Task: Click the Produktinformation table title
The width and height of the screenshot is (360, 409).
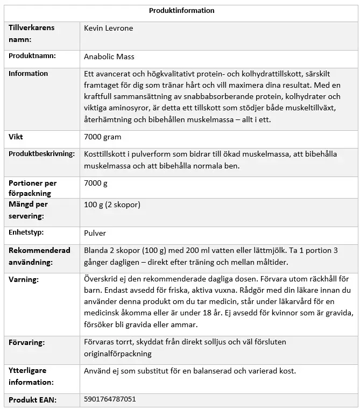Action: [181, 10]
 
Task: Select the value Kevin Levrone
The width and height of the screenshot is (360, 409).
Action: [108, 29]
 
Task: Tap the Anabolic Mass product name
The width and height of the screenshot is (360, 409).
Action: [109, 57]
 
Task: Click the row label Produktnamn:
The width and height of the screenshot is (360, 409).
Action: [32, 56]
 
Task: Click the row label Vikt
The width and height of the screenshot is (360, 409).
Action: [16, 137]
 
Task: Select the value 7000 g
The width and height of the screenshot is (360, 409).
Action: [96, 183]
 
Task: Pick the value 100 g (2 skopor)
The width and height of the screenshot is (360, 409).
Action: [112, 205]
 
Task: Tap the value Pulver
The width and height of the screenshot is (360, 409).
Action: [95, 233]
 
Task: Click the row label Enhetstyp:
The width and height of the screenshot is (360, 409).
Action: [26, 232]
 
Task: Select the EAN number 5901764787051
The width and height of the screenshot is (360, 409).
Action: [110, 399]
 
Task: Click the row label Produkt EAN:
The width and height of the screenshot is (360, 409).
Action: [32, 399]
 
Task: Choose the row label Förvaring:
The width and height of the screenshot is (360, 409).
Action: [26, 342]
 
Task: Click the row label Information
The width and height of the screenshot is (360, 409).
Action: [28, 74]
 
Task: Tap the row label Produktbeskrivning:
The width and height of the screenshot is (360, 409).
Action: [41, 154]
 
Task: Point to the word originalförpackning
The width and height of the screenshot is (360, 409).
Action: [117, 354]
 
